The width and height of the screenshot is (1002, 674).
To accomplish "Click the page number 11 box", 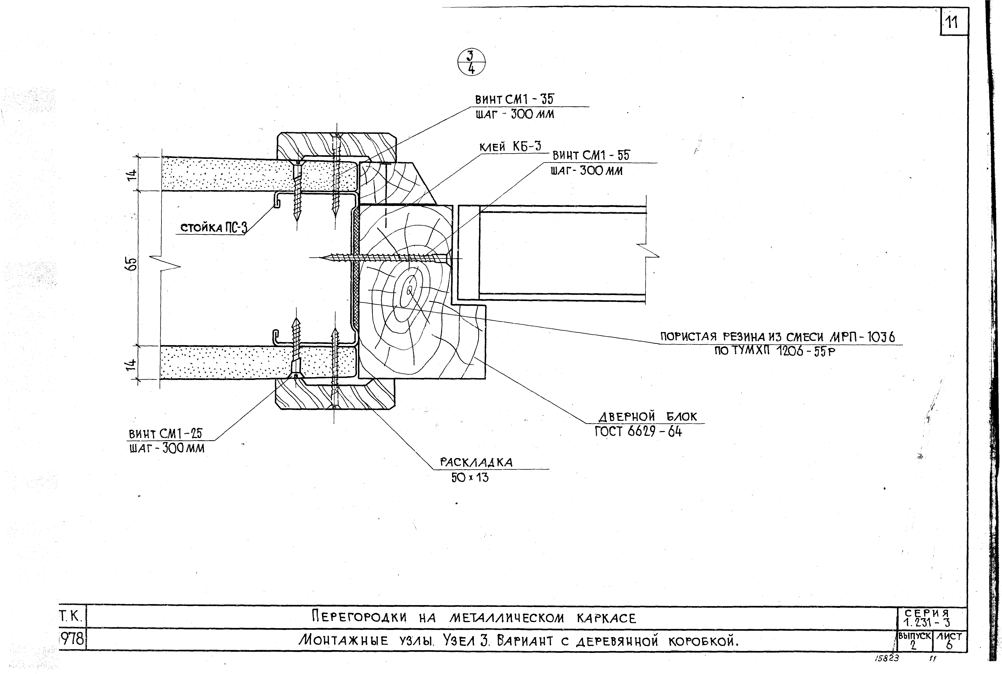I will [x=954, y=21].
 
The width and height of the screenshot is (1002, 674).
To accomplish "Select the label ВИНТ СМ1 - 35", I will [x=514, y=99].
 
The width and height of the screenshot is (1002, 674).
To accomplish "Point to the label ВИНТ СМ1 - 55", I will [x=591, y=155].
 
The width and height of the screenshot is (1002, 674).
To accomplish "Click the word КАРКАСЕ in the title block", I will [x=606, y=618].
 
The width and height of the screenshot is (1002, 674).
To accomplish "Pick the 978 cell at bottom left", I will [x=72, y=640].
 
